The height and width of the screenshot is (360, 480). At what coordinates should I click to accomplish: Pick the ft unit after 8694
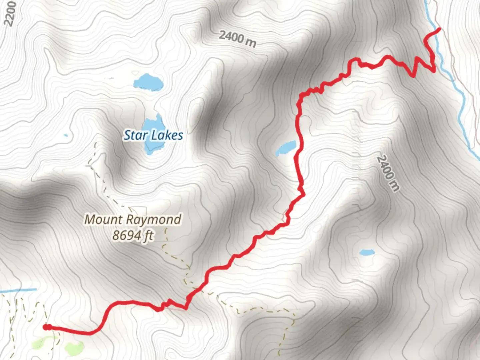pyautogui.click(x=148, y=236)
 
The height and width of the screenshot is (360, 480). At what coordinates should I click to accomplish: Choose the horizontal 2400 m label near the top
pyautogui.click(x=238, y=39)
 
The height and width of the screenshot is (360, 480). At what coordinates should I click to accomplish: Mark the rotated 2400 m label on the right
pyautogui.click(x=388, y=173)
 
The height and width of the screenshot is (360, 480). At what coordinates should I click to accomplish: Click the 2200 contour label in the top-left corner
pyautogui.click(x=10, y=13)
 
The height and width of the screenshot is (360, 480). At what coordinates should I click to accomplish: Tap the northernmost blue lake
pyautogui.click(x=148, y=82)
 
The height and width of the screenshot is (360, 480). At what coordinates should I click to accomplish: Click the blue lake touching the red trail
pyautogui.click(x=286, y=148)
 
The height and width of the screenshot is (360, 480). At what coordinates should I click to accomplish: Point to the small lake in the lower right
pyautogui.click(x=367, y=252)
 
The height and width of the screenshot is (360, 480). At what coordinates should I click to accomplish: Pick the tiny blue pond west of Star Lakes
pyautogui.click(x=66, y=135)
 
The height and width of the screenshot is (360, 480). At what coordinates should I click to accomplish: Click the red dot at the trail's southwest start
pyautogui.click(x=47, y=327)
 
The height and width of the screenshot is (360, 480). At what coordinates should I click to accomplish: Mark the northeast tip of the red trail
pyautogui.click(x=439, y=29)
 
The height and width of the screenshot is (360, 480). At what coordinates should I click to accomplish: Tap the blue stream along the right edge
pyautogui.click(x=462, y=110)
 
